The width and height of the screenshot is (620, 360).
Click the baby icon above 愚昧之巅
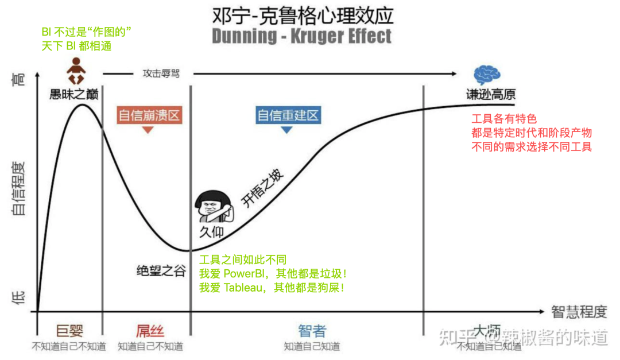[76, 72]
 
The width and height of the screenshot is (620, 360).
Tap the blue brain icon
[486, 76]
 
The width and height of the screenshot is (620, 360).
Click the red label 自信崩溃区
[149, 115]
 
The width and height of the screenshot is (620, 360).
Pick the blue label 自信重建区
[288, 115]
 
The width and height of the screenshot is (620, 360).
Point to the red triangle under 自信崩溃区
[148, 130]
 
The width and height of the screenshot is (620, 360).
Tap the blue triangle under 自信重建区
[286, 130]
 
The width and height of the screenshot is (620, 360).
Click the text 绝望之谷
[161, 271]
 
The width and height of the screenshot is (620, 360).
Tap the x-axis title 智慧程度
[579, 312]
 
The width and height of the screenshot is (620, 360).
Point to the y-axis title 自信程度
[18, 189]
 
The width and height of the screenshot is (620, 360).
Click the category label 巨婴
[69, 331]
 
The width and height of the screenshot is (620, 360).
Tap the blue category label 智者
[312, 331]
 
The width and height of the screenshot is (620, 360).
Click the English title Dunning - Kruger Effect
[302, 36]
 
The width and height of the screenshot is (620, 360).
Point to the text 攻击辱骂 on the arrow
[161, 73]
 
